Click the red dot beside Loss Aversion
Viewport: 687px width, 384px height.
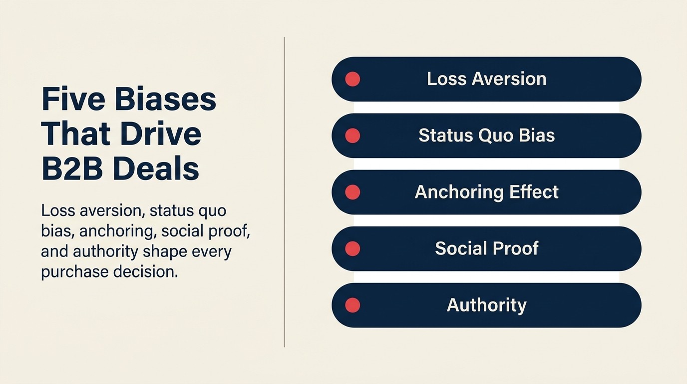[352, 79]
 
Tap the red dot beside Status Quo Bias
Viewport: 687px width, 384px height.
[352, 135]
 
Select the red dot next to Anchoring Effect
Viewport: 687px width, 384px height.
[352, 192]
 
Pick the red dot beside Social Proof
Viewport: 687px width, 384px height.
[352, 248]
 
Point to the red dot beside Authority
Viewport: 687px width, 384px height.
[352, 305]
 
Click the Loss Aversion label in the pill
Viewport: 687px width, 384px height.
[486, 79]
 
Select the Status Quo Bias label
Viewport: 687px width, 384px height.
[486, 135]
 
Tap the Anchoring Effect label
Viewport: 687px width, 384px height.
[486, 192]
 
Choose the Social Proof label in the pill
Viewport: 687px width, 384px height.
[486, 248]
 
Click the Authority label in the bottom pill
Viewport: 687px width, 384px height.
[486, 305]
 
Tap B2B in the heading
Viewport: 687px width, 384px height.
[71, 169]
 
